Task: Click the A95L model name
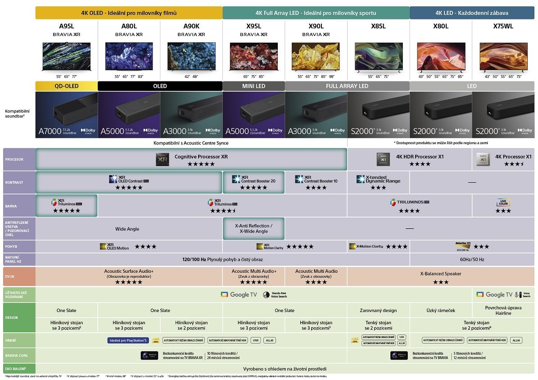coord(66,26)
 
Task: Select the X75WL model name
coord(503,26)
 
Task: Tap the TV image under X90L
coord(316,56)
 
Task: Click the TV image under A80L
coord(129,56)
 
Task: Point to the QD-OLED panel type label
coord(66,86)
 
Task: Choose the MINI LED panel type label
coord(253,86)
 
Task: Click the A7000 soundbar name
coord(49,131)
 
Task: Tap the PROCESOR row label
coord(14,159)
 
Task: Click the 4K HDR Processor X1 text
coord(420,157)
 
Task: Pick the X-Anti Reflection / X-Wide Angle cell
coord(253,228)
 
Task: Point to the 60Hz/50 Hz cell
coord(472,259)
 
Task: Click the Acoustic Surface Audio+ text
coord(129,271)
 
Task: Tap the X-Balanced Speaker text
coord(440,274)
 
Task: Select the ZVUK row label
coord(10,276)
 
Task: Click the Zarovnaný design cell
coord(378,310)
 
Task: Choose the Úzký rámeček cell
coord(440,310)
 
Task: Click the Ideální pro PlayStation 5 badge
coord(128,340)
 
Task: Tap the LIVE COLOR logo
coord(503,203)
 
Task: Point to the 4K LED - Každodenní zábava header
coord(472,13)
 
